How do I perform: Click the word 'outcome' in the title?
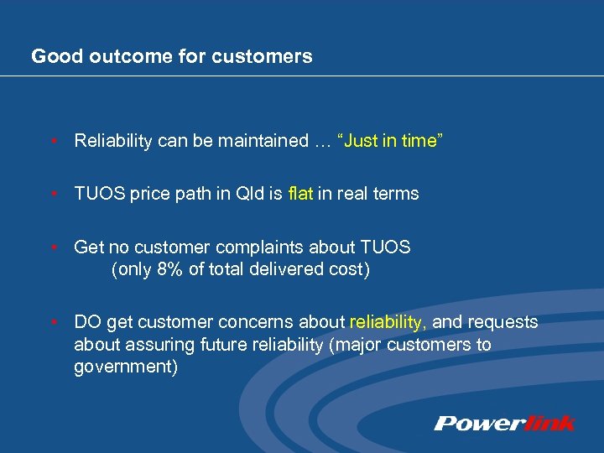pyautogui.click(x=107, y=57)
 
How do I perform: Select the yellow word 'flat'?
pyautogui.click(x=299, y=194)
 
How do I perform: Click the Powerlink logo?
pyautogui.click(x=504, y=423)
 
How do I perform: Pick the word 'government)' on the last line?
pyautogui.click(x=126, y=367)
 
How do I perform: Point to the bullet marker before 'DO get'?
pyautogui.click(x=52, y=323)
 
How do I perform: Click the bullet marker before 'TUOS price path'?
pyautogui.click(x=52, y=195)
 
